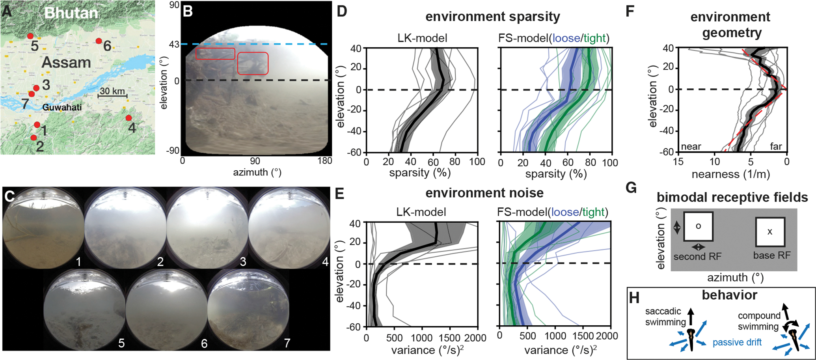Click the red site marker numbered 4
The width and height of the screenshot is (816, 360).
coord(129,118)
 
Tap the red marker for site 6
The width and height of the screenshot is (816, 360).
coord(99,41)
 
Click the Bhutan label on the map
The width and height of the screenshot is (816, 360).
coord(71,13)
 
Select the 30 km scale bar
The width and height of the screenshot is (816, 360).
coord(112,95)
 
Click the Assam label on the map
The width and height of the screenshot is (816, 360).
coord(66,62)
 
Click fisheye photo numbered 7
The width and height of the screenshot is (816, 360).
coord(248,310)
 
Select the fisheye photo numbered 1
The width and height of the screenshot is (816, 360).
coord(43,228)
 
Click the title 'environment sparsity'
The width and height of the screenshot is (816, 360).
coord(492,17)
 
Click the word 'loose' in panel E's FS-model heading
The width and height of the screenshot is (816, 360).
coord(565,212)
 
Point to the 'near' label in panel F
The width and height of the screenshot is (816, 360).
coord(691,147)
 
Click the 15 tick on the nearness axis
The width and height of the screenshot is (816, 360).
coord(678,162)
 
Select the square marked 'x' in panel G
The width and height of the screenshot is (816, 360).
coord(770,232)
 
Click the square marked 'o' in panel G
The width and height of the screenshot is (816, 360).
coord(698,226)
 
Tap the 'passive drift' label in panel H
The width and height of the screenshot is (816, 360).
coord(737,342)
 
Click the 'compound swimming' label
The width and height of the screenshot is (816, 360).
coord(759,321)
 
